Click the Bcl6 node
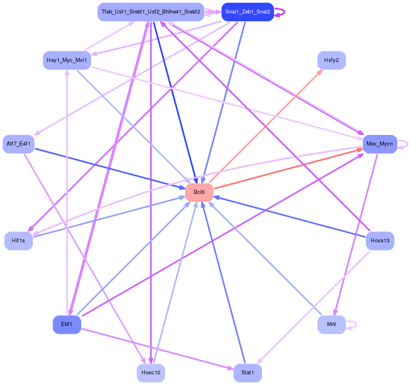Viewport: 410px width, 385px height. pos(199,192)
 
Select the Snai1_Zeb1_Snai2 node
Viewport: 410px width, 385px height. pos(247,12)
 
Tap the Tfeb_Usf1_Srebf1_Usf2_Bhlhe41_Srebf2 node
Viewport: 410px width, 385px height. pos(151,12)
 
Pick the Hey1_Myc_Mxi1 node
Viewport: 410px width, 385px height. pos(67,60)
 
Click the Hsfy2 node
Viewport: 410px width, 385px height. pos(332,60)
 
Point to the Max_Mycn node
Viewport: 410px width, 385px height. pos(380,144)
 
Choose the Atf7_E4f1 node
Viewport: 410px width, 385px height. pos(18,144)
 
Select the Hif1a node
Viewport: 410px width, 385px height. pos(18,241)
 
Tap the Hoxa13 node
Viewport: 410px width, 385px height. pos(380,241)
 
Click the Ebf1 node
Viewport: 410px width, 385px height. pos(67,324)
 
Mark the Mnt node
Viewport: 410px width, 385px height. pos(332,324)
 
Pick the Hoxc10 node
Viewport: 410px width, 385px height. pos(151,373)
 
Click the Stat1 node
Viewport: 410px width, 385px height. pos(247,373)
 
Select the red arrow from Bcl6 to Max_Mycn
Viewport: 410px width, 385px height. pos(287,169)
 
